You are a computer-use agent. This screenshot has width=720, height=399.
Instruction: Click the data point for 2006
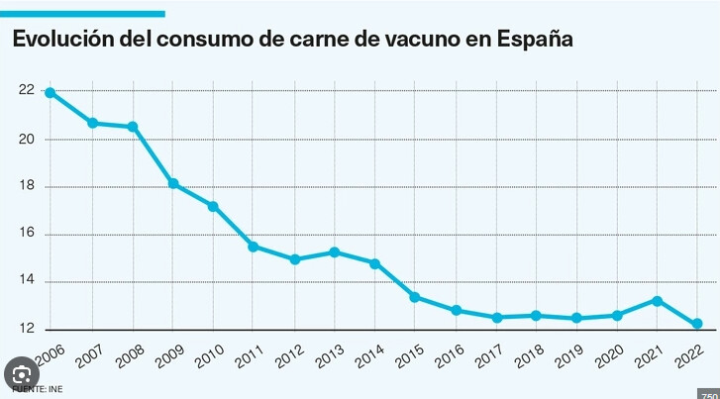[51, 93]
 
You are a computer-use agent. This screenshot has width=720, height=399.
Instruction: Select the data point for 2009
[172, 183]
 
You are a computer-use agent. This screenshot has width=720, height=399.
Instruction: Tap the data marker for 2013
[335, 252]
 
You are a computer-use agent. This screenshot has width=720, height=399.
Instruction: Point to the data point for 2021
[658, 300]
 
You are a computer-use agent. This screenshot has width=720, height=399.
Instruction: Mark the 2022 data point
[697, 324]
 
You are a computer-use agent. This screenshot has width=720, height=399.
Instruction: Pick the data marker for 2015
[415, 297]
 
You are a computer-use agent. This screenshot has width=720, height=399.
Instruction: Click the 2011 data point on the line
[254, 247]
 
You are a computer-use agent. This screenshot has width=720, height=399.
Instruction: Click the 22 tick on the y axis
[27, 91]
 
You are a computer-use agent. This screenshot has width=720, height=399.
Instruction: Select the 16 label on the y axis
[27, 235]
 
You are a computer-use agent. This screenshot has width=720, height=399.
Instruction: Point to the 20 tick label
[27, 140]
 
